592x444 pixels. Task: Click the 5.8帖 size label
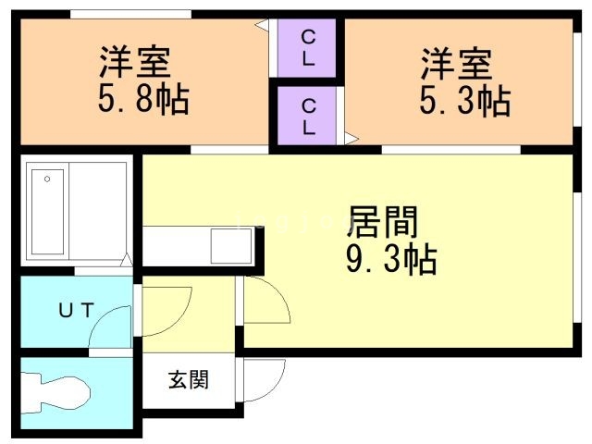[x=142, y=99]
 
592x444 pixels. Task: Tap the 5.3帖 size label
[x=464, y=101]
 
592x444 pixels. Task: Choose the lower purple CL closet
[x=308, y=116]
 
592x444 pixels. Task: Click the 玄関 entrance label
[x=188, y=379]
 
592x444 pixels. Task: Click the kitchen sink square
[x=228, y=246]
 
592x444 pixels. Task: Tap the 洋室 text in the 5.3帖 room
[x=456, y=65]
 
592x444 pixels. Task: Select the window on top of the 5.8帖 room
[x=130, y=14]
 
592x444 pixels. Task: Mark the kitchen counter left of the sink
[x=177, y=246]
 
